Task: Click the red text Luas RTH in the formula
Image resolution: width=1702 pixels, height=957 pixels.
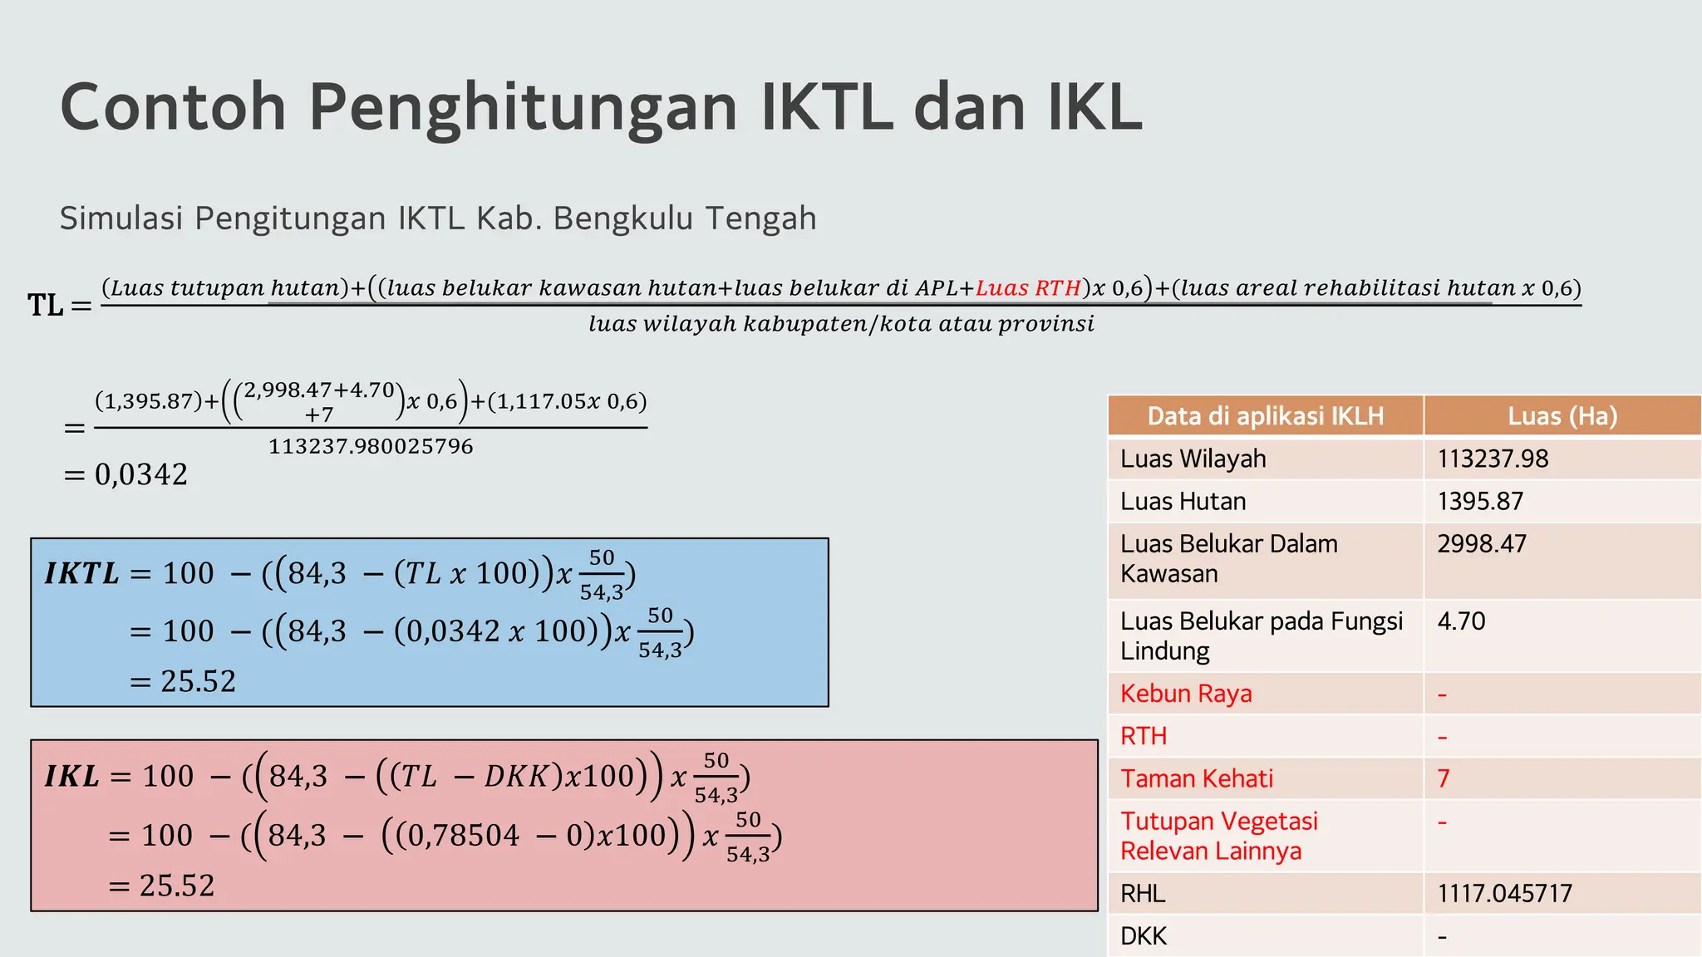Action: pos(1028,288)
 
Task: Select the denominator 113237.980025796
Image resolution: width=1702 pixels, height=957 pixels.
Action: pos(371,447)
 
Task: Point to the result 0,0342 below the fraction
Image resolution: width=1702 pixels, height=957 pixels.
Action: pos(140,474)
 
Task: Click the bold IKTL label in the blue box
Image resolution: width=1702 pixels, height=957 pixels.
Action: pos(81,573)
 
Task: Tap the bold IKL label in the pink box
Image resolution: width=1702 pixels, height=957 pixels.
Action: pos(71,776)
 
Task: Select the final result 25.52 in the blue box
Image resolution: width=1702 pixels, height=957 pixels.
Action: pos(198,681)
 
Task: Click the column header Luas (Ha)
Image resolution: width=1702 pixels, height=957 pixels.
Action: pos(1562,415)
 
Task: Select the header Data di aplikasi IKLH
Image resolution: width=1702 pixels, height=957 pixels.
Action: pos(1265,415)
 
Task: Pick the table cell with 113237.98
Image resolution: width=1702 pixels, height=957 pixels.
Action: pos(1493,459)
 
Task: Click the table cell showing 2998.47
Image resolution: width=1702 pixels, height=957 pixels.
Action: pos(1482,544)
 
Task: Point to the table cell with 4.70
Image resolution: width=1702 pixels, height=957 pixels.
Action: pos(1461,621)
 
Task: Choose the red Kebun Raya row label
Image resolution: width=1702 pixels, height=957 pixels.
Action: pos(1185,694)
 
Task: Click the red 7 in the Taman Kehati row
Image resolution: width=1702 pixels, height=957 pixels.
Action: pos(1444,778)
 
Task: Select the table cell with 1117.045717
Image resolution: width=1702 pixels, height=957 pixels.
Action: pos(1504,893)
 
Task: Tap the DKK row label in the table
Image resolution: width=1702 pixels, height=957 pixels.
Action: pos(1143,936)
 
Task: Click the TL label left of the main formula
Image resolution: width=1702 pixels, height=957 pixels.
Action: pos(46,306)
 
